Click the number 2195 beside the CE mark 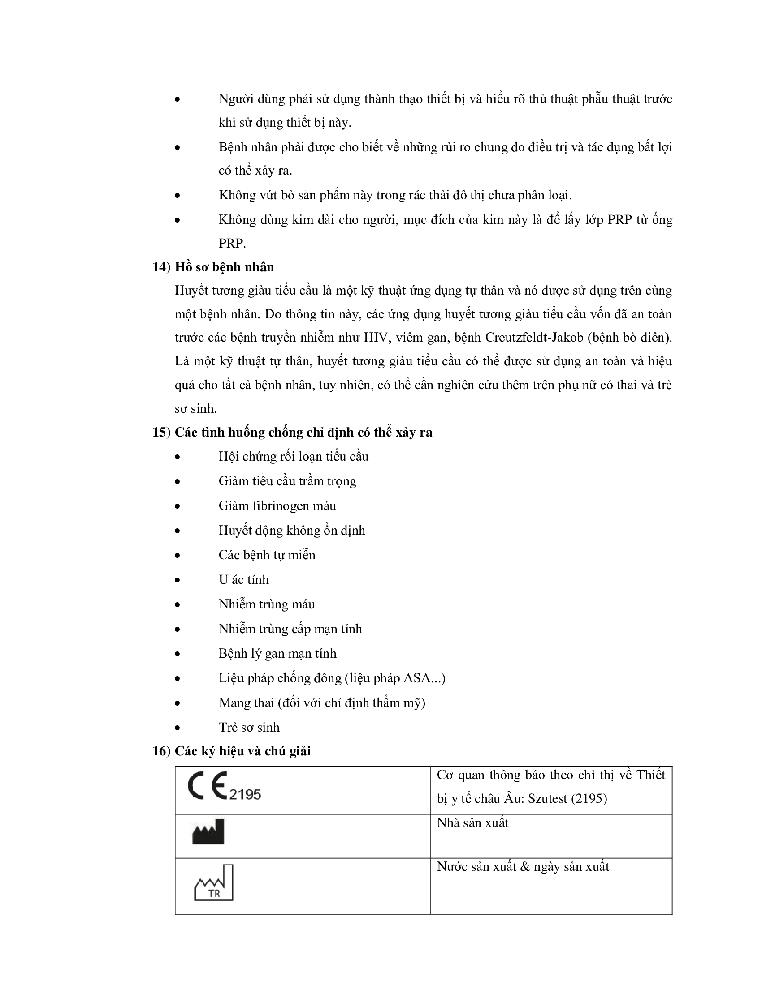245,794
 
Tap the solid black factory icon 208,832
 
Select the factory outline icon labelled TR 214,882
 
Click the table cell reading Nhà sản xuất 472,823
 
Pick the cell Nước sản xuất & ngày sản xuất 523,867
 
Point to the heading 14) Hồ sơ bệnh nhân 213,267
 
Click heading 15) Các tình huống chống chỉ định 292,432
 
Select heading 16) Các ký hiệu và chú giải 231,751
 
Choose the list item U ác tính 243,579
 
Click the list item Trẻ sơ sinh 249,727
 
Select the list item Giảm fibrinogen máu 277,505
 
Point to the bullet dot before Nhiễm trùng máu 178,605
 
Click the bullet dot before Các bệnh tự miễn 178,556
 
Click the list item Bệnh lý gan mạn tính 277,654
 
